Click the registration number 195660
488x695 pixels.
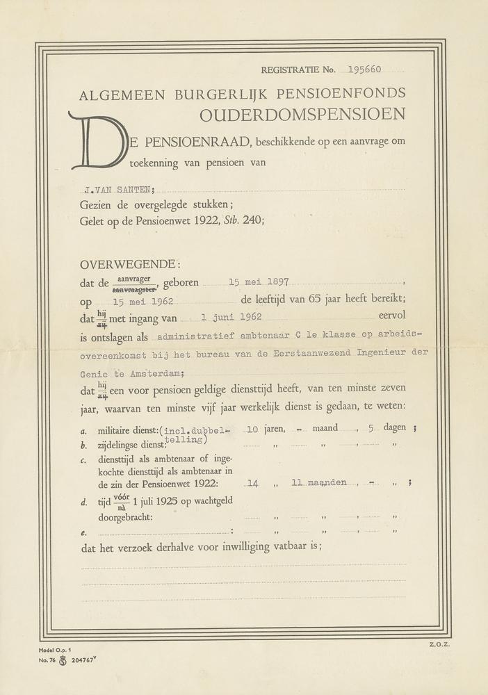365,69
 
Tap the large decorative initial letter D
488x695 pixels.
97,142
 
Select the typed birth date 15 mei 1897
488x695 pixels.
259,283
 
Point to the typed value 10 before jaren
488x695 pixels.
252,430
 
